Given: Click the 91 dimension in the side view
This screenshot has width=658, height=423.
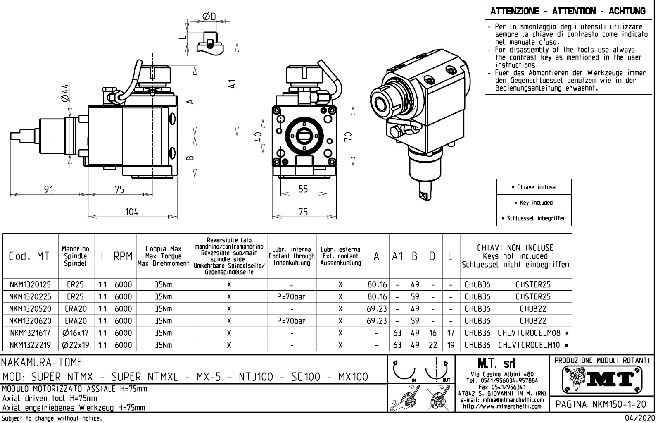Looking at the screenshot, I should tap(49, 189).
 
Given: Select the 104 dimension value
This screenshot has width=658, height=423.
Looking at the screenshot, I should tap(131, 212).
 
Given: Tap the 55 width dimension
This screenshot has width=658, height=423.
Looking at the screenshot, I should tap(303, 189).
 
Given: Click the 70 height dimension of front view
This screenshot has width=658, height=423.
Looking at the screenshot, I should tap(348, 136).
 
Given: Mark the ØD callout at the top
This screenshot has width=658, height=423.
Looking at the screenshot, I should tap(209, 17).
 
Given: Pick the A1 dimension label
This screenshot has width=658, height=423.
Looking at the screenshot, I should tap(233, 84).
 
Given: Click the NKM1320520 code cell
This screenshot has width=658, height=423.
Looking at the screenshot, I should tap(30, 308).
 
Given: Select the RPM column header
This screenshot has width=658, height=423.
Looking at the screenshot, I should tap(123, 256).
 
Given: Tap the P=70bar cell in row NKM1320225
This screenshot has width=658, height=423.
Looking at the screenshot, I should tap(292, 296).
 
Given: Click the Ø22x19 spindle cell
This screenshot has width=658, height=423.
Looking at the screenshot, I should tap(76, 345).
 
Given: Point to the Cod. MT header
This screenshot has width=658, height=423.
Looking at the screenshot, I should tap(29, 256).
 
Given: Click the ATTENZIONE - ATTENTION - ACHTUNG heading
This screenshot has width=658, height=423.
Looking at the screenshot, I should tap(568, 11).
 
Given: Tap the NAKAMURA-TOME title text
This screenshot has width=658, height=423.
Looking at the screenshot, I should tap(42, 363).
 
